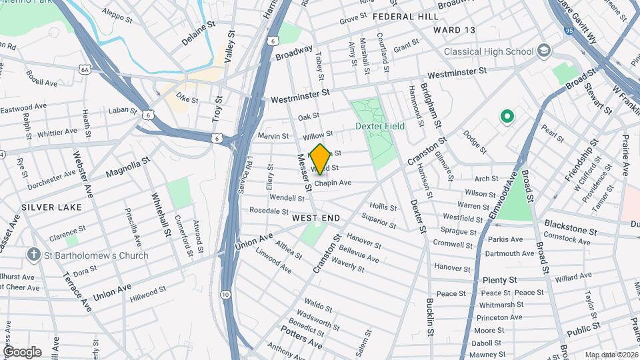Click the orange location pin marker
320,159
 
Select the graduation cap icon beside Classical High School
545,51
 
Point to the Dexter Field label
380,126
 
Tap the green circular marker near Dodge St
507,117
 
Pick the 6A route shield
84,69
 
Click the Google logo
22,351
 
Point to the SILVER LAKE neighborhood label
51,207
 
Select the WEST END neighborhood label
316,218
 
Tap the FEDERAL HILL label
405,16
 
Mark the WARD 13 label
454,30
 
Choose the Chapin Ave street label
333,183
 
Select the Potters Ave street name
301,337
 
